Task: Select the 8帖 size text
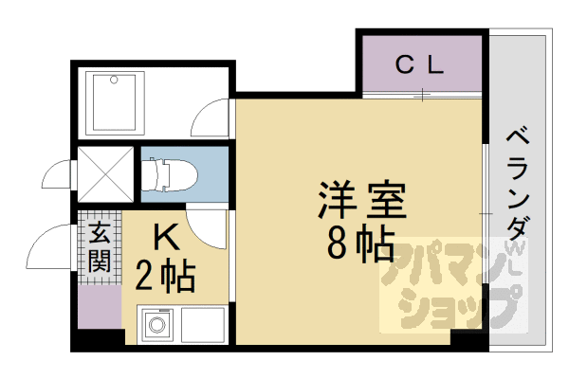click(x=361, y=245)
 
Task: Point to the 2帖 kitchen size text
click(x=165, y=277)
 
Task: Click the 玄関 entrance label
click(x=99, y=246)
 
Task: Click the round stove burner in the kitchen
click(x=157, y=328)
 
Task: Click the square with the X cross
click(x=103, y=173)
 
